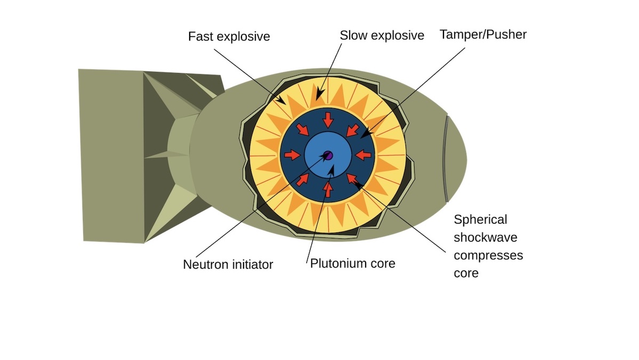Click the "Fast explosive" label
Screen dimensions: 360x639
pos(229,37)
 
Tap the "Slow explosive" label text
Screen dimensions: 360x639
pos(382,36)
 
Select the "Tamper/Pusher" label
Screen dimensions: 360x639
pos(483,35)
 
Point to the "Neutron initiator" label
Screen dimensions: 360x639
pos(228,265)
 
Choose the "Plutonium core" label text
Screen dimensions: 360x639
pos(353,263)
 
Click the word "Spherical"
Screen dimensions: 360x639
pos(480,219)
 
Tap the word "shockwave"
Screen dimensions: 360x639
pos(485,237)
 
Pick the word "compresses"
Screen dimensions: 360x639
pos(488,255)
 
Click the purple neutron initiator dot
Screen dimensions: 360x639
pos(329,156)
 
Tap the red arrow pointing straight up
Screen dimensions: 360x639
pos(328,190)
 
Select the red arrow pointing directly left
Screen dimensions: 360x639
pos(363,155)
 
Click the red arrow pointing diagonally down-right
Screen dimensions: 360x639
pos(303,130)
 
